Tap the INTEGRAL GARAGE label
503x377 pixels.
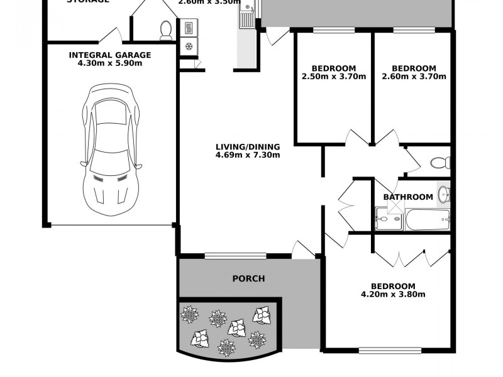pos(110,55)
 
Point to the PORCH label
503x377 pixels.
pos(248,278)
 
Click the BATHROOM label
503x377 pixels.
pos(408,197)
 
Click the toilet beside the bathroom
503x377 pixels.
pos(440,163)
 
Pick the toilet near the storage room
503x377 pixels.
pos(166,30)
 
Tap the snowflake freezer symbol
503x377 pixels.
pos(189,47)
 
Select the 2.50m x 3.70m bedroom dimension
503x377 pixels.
pos(333,77)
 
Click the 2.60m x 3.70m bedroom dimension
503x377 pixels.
pos(413,77)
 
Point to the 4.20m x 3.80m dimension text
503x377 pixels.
pos(393,294)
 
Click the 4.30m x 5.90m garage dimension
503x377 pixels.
pos(110,63)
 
